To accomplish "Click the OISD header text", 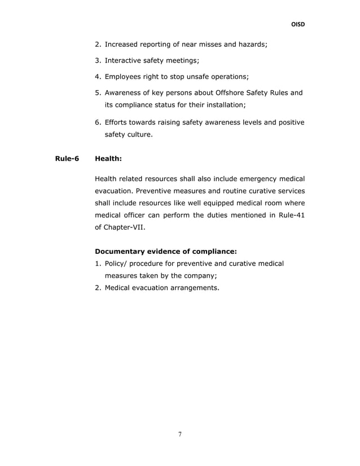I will pyautogui.click(x=297, y=25).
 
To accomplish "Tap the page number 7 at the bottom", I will pyautogui.click(x=180, y=434).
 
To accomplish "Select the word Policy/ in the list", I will pyautogui.click(x=117, y=263).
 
